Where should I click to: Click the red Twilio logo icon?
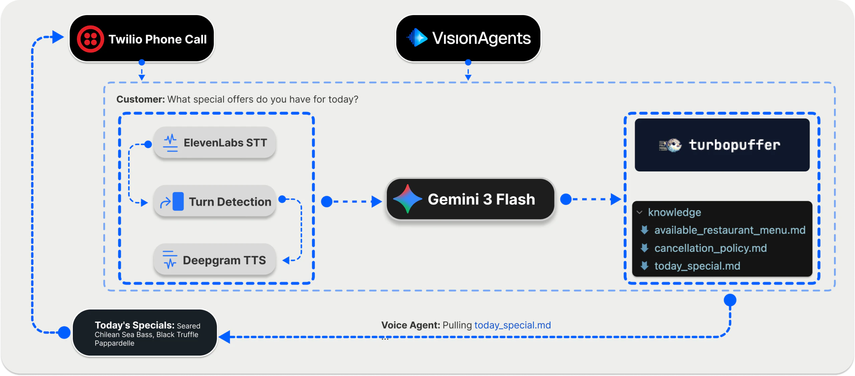click(x=90, y=39)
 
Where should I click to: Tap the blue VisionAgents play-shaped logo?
click(x=417, y=38)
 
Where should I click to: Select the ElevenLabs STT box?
click(x=215, y=143)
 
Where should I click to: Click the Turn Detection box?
click(x=215, y=202)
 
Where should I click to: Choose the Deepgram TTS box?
click(x=215, y=260)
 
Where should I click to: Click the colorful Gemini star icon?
click(x=407, y=199)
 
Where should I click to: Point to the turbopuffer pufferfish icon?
click(x=671, y=145)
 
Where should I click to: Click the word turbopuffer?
click(x=734, y=145)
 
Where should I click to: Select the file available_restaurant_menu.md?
click(x=729, y=230)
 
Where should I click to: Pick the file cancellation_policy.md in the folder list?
click(x=710, y=248)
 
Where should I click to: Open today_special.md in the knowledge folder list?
click(x=697, y=266)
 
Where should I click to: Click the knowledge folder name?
click(x=674, y=212)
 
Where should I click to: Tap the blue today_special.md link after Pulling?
click(x=512, y=325)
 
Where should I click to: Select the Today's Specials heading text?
click(x=134, y=325)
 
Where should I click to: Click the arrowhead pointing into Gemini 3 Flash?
click(x=376, y=202)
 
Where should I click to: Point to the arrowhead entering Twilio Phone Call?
click(x=58, y=37)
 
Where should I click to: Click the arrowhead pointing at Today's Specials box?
click(x=225, y=337)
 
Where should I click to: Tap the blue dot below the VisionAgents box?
click(x=468, y=62)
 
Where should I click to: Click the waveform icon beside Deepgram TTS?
click(x=170, y=260)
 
